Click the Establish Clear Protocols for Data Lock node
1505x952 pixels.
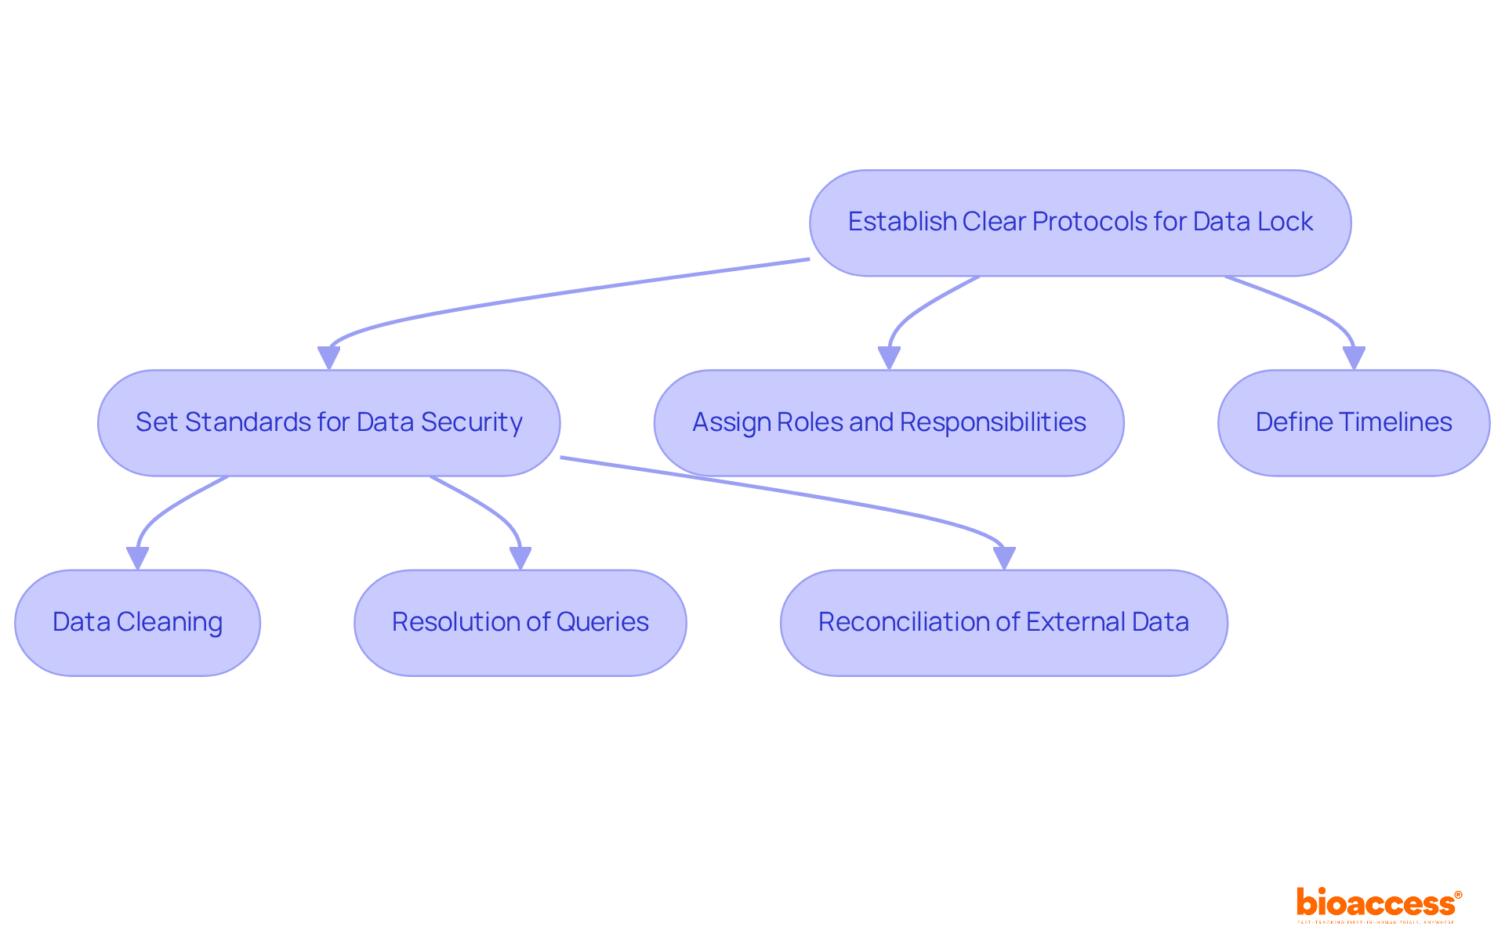point(1080,223)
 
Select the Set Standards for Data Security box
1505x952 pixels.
point(328,423)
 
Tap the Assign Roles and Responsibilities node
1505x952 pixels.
point(889,423)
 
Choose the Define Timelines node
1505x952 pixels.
point(1354,423)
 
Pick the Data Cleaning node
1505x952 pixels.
point(137,623)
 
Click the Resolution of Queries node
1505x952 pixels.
point(520,623)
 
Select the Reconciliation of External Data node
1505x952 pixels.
point(1003,623)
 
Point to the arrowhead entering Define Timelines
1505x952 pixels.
point(1354,358)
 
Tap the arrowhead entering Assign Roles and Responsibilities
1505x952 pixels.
point(889,358)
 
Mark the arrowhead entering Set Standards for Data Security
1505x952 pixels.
point(328,358)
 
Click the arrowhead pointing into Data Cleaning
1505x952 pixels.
point(138,558)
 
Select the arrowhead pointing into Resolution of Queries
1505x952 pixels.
point(520,558)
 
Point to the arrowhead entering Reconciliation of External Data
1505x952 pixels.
point(1004,558)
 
